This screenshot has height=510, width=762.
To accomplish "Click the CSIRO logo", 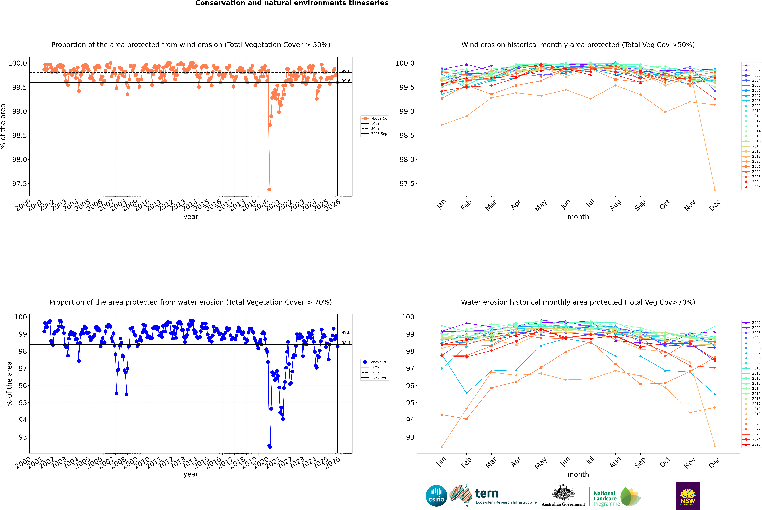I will pyautogui.click(x=436, y=496).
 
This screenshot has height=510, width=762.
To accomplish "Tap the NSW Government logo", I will pyautogui.click(x=688, y=496).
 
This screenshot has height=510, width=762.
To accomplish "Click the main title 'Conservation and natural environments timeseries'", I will pyautogui.click(x=292, y=3).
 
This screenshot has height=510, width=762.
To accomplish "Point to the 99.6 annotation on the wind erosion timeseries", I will pyautogui.click(x=346, y=81).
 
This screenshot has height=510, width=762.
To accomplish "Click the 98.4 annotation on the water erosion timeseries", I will pyautogui.click(x=346, y=343).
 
